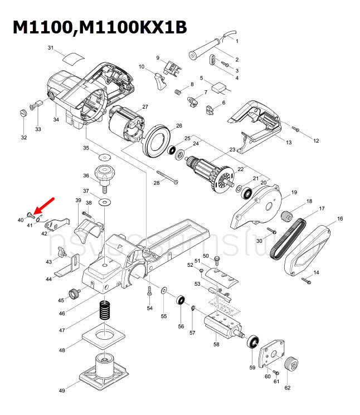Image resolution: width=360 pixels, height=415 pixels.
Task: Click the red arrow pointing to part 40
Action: [x=45, y=203]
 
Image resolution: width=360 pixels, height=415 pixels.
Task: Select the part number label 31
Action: [x=51, y=48]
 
